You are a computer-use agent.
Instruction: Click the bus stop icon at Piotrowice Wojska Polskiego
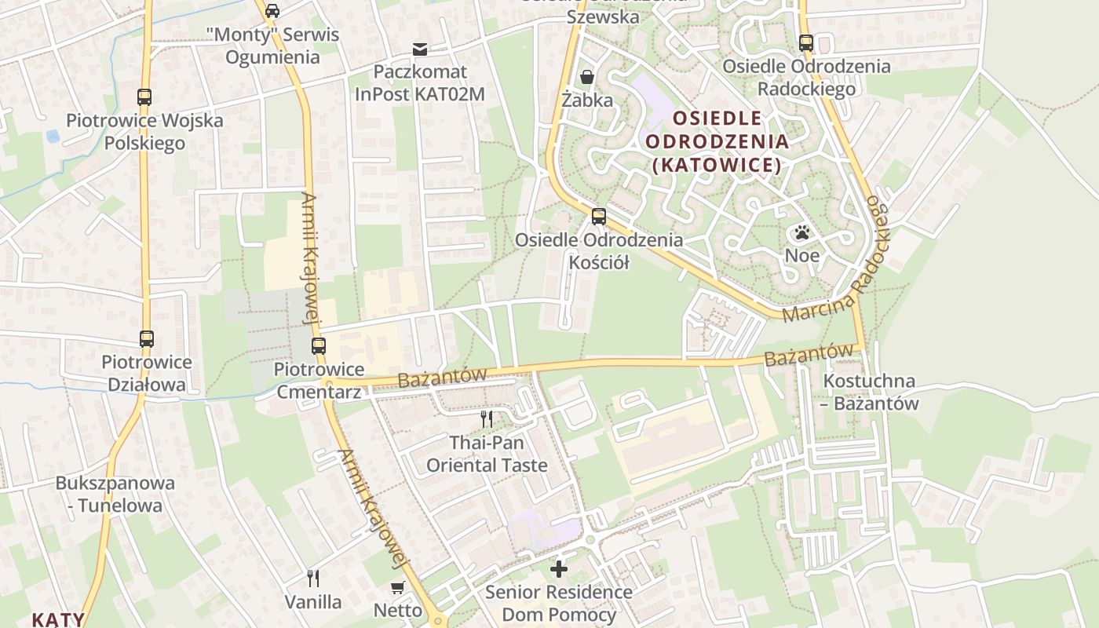[x=144, y=97]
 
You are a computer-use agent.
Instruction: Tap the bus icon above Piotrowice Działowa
[x=147, y=339]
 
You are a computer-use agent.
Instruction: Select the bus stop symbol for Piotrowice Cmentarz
[x=318, y=345]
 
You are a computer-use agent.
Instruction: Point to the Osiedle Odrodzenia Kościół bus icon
[x=599, y=217]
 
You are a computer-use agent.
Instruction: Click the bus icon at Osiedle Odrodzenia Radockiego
[x=806, y=43]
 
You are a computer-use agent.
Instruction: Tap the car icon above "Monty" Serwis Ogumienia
[x=272, y=11]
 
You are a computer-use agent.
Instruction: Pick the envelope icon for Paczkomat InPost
[x=420, y=50]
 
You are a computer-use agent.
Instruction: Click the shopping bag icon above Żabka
[x=586, y=77]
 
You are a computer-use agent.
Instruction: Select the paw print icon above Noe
[x=801, y=233]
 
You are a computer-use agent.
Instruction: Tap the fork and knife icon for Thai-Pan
[x=487, y=419]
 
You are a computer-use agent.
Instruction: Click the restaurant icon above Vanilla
[x=313, y=579]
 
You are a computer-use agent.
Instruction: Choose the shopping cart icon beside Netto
[x=398, y=587]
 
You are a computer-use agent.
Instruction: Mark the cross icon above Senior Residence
[x=559, y=568]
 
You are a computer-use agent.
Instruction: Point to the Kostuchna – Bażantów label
[x=869, y=392]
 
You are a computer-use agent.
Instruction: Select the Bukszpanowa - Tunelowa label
[x=115, y=494]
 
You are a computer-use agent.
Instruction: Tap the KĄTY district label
[x=57, y=619]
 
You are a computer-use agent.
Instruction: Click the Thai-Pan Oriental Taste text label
[x=487, y=454]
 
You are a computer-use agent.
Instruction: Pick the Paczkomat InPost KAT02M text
[x=420, y=83]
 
